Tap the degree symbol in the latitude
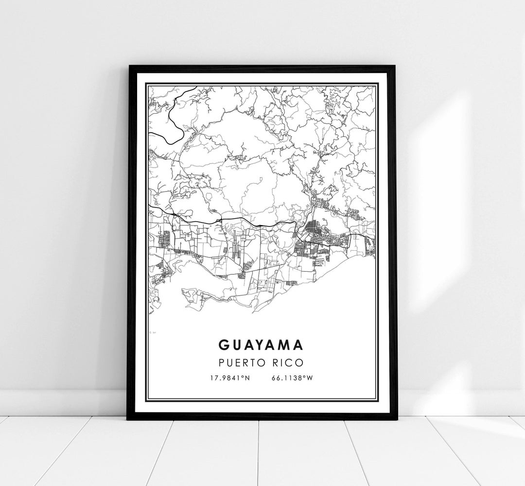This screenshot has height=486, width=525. click(243, 377)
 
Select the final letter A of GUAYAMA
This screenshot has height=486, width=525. click(299, 344)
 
